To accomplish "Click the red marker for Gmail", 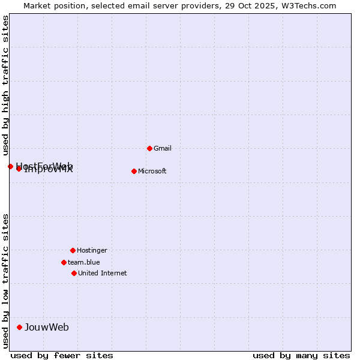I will tap(149, 148).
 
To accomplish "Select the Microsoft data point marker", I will tap(134, 171).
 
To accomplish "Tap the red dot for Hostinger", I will tap(73, 250).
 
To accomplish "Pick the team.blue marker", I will tap(64, 262).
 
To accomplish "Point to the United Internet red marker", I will tap(74, 273).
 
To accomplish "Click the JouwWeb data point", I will tap(19, 327).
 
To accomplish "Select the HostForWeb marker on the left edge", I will tap(10, 166).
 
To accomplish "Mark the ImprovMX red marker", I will tap(19, 169).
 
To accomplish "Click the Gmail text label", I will tap(163, 148).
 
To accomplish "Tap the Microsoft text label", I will tap(152, 171).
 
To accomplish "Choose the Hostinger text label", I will tap(92, 250).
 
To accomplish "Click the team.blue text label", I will tap(84, 262).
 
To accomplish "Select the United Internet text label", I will tap(103, 273).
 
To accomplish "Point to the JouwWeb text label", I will tap(47, 327).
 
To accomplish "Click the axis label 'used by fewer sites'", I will tap(62, 355).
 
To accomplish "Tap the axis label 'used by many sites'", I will tap(301, 355).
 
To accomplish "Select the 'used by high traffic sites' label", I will tap(5, 85).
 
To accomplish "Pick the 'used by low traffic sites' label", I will tap(5, 280).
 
